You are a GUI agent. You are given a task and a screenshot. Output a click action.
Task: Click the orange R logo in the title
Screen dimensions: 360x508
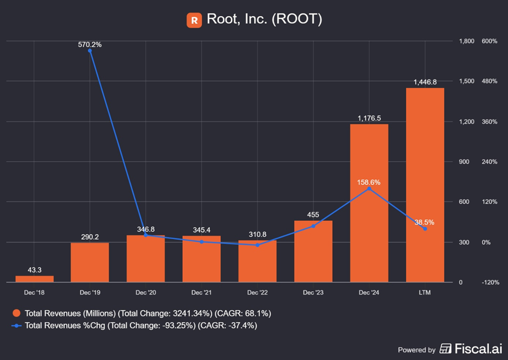tap(194, 20)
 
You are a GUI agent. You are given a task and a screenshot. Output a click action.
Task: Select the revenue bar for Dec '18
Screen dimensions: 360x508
tap(34, 279)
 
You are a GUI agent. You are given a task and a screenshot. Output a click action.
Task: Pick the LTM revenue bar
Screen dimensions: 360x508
tap(425, 185)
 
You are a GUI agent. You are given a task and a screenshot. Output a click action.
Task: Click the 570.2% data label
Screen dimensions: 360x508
tap(90, 45)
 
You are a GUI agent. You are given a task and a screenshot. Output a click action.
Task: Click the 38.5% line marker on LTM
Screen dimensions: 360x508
tap(425, 229)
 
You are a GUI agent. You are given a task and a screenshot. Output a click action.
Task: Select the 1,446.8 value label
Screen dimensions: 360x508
tap(425, 82)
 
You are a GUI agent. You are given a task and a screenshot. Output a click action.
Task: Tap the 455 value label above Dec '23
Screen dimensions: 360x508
tap(313, 214)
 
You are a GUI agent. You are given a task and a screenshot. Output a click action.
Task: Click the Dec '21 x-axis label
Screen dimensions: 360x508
tap(202, 292)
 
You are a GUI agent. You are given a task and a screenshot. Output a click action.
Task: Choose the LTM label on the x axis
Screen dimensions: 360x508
tap(425, 292)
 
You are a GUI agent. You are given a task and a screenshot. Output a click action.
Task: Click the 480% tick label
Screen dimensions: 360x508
tap(489, 81)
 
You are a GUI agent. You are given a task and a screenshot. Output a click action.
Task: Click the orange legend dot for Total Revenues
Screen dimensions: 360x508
tap(16, 313)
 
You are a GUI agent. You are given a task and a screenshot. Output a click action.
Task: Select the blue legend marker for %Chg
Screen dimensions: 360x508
tap(16, 325)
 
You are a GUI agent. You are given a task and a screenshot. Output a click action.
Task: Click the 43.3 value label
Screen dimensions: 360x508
tap(34, 270)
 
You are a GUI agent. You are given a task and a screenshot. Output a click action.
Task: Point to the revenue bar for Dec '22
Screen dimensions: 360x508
tap(257, 261)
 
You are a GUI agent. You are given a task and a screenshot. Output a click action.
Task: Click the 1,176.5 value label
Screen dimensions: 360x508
tap(369, 118)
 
